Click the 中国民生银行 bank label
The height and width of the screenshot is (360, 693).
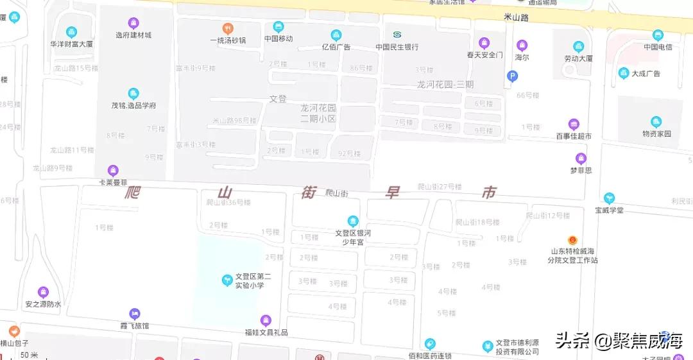[x=397, y=47]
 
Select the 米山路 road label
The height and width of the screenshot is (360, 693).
[x=516, y=18]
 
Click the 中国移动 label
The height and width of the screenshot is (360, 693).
[x=278, y=39]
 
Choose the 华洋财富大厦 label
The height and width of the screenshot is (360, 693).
[x=71, y=44]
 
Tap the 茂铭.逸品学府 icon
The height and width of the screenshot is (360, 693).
[x=133, y=94]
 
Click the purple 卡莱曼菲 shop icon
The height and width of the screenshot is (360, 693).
[x=113, y=170]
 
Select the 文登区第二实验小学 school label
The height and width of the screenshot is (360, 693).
[x=253, y=280]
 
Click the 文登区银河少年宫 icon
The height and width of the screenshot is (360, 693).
[x=352, y=221]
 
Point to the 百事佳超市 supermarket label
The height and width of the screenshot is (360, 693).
[x=574, y=136]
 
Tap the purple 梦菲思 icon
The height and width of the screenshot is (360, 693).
[x=581, y=158]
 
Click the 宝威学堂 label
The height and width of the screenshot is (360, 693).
[x=609, y=210]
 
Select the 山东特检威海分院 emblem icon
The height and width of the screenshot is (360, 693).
[x=572, y=240]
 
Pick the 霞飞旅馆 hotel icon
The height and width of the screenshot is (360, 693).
[x=135, y=314]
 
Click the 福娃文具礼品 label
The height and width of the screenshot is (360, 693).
[x=266, y=332]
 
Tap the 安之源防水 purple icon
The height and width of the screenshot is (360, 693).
[x=43, y=293]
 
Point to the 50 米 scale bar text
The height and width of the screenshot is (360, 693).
[x=29, y=355]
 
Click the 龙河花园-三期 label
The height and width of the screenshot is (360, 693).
[x=445, y=84]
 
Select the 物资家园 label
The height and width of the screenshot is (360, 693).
[x=656, y=133]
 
